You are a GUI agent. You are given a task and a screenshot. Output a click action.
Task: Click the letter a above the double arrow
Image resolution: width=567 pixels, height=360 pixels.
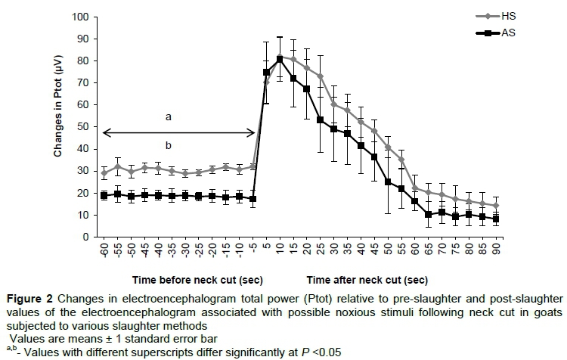tap(169, 116)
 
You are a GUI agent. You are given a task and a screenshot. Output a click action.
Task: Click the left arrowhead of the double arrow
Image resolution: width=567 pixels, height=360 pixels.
tap(106, 133)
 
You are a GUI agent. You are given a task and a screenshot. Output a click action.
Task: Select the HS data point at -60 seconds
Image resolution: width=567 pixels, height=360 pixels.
tap(104, 173)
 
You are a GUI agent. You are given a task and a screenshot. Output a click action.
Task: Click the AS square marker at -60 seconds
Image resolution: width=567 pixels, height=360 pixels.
tap(104, 195)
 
